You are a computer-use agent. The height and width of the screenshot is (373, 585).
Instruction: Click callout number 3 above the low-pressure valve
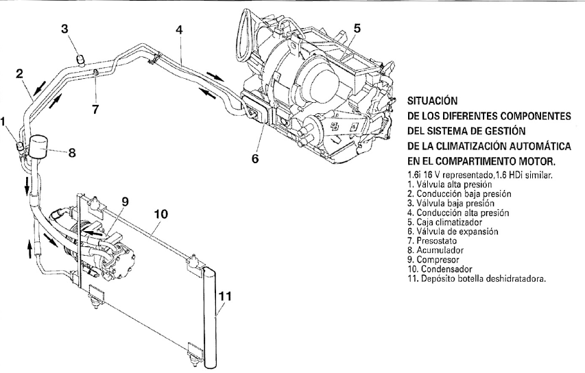point(65,29)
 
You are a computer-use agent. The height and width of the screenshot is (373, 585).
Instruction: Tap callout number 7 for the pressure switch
point(95,109)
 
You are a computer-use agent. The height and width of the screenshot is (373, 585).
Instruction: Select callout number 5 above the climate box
point(357,28)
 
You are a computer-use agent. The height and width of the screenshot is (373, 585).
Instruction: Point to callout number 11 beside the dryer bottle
point(224,296)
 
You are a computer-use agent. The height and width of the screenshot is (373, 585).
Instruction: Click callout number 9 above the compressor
point(125,202)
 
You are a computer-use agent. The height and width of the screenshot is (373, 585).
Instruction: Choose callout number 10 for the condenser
point(160,214)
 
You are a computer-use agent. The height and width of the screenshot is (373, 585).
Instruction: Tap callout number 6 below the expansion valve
point(255,159)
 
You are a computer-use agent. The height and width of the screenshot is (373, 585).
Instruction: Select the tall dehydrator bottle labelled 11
point(211,316)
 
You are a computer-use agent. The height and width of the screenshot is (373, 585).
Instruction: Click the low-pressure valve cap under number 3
point(80,59)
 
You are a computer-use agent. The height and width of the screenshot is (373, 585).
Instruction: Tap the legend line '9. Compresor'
point(433,260)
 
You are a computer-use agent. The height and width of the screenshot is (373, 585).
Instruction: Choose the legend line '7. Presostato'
point(432,241)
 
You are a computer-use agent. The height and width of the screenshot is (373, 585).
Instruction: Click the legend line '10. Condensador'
point(440,269)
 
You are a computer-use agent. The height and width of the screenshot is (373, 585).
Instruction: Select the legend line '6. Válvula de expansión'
point(453,232)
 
